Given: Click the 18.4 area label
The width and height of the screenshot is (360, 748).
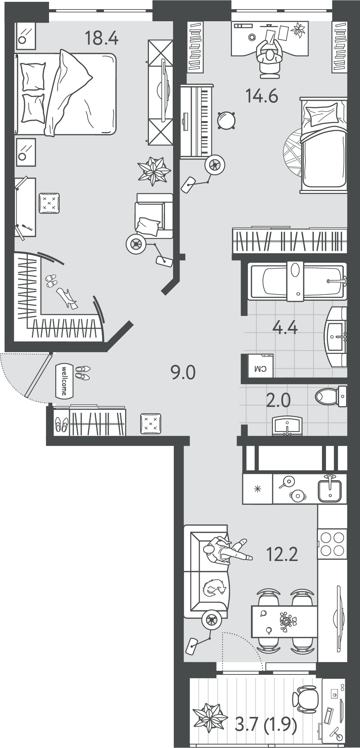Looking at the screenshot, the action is coord(101,38).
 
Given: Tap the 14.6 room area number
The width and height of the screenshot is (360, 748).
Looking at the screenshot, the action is coord(262,96).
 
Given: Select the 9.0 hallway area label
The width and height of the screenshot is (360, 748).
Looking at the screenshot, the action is coord(183,372).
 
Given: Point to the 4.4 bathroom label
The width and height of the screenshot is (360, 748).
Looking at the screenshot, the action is coord(285,327).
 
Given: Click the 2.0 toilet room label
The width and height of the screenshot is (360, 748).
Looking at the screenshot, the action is coord(278,400).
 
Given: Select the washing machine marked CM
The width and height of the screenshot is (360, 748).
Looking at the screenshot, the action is coord(260,365).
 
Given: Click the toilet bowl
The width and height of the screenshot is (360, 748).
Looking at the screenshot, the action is coord(331,396).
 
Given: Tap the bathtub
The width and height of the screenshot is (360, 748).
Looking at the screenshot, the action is coord(297,281).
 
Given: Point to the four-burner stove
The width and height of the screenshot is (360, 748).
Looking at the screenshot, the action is coord(332,543).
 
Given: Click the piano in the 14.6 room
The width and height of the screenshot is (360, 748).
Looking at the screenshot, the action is coord(196,121).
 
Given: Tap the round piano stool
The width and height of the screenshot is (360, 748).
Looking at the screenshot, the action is coord(226,120).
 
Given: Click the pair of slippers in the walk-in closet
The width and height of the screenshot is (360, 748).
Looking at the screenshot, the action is coord(51,281).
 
